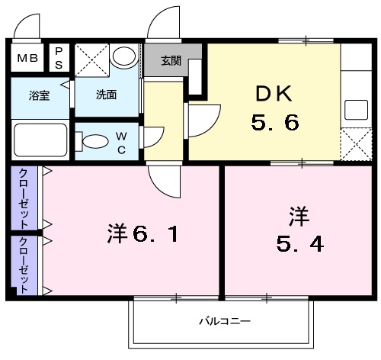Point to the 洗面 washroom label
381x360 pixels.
click(x=107, y=96)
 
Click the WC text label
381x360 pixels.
click(x=121, y=143)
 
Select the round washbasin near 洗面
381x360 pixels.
click(x=123, y=56)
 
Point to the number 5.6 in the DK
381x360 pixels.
click(x=275, y=122)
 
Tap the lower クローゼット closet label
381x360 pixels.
click(x=25, y=264)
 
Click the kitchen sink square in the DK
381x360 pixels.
click(x=354, y=111)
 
